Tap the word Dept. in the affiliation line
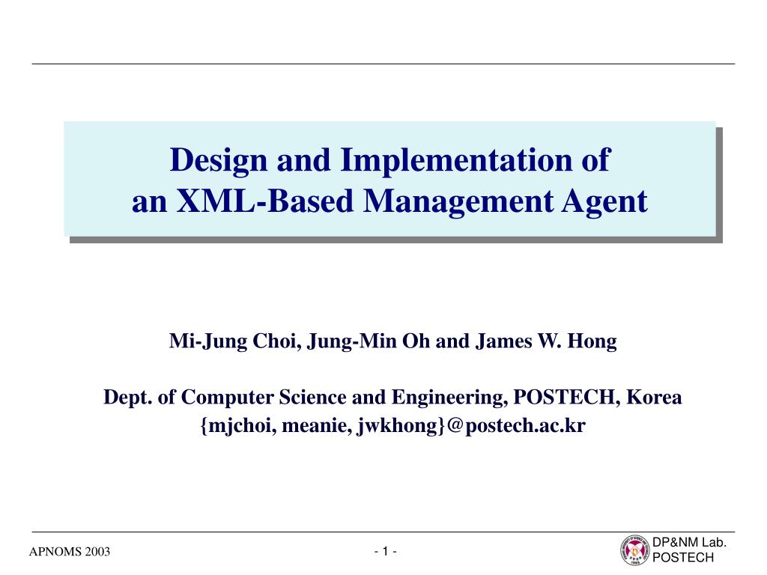tap(127, 397)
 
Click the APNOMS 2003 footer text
tap(69, 553)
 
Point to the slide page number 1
tap(385, 552)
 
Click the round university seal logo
tap(634, 550)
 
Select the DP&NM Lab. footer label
tap(690, 543)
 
